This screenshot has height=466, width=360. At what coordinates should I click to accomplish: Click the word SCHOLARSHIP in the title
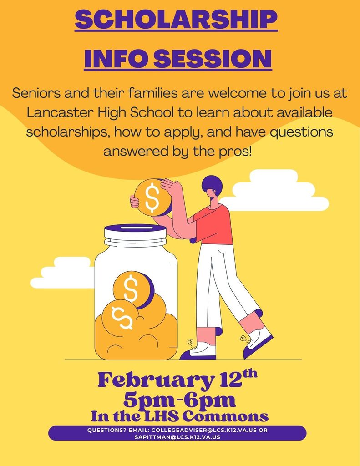(x=176, y=20)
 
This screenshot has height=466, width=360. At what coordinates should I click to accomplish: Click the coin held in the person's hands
(x=152, y=197)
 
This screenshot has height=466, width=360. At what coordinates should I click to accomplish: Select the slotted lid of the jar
(x=136, y=232)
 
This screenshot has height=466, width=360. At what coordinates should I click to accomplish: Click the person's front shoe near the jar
(x=198, y=351)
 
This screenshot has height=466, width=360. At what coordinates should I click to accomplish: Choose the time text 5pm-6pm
(x=180, y=401)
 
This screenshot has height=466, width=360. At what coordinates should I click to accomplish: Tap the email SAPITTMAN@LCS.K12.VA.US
(x=177, y=437)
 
